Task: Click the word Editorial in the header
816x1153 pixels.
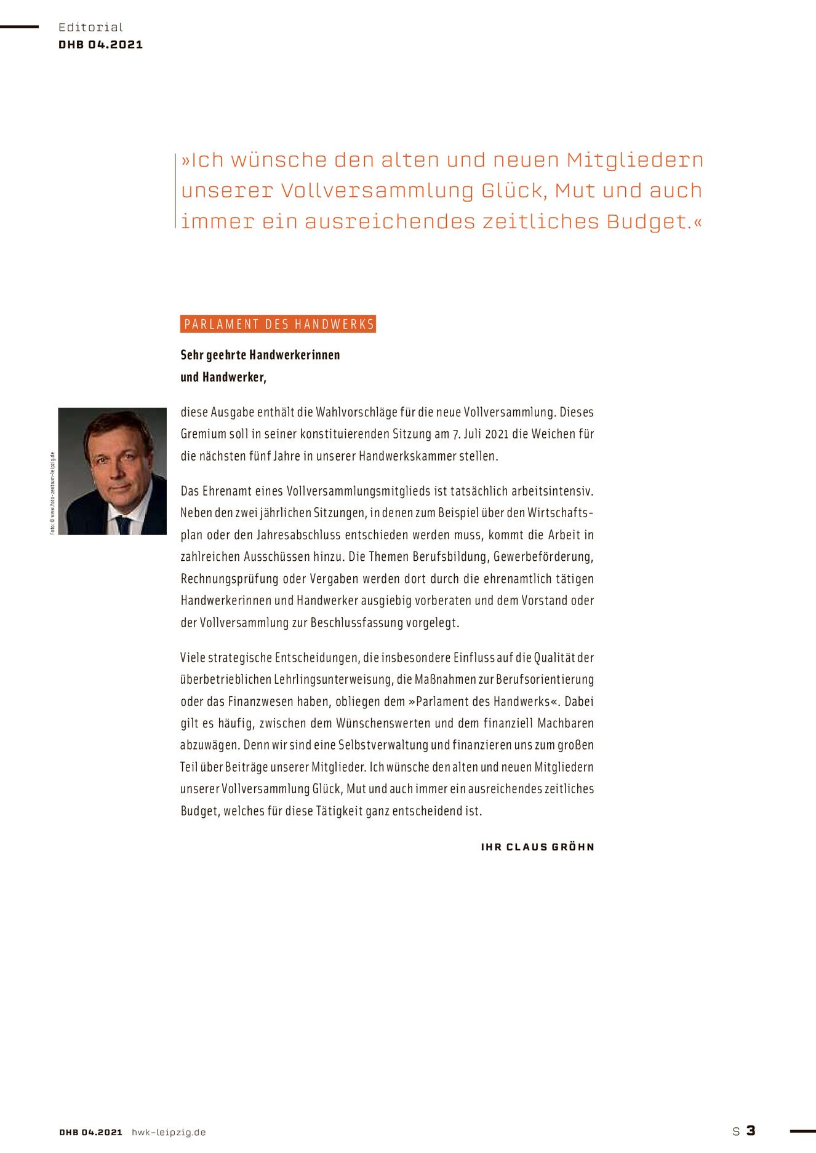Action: [x=90, y=27]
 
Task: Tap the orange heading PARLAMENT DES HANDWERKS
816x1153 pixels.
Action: [x=278, y=324]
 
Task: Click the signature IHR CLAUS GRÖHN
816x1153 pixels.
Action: [x=537, y=847]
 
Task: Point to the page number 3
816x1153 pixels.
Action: [x=751, y=1130]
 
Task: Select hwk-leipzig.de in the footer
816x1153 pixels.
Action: [x=169, y=1132]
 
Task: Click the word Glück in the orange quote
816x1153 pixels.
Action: [x=513, y=191]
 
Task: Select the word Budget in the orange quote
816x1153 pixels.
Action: [x=646, y=221]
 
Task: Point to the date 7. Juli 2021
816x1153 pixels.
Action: [x=481, y=434]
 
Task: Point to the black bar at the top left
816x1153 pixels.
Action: [x=19, y=27]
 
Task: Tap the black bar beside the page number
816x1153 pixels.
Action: [x=802, y=1130]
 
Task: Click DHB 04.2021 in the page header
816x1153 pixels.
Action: [x=100, y=44]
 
